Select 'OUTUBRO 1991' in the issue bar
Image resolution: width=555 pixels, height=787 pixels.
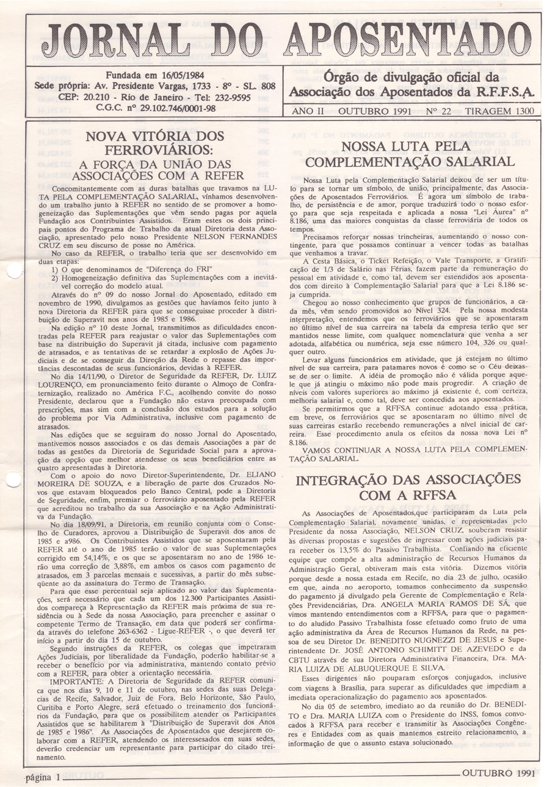[x=374, y=112]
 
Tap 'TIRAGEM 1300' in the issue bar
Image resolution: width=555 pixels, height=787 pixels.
[x=499, y=112]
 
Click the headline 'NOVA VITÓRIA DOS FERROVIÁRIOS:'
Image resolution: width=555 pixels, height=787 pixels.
[x=153, y=143]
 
